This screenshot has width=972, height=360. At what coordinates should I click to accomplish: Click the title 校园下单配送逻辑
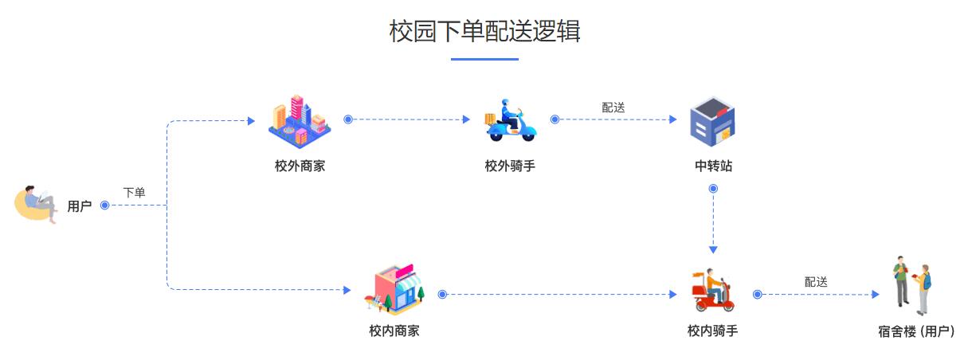(x=484, y=32)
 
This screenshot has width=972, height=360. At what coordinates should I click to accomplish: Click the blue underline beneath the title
(x=484, y=59)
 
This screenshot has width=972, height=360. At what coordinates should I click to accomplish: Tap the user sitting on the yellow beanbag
(x=37, y=204)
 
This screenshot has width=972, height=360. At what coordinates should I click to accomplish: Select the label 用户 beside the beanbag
(x=80, y=206)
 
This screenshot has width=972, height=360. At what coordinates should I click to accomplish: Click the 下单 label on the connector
(x=134, y=193)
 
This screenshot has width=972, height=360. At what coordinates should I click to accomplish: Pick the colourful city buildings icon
(x=300, y=120)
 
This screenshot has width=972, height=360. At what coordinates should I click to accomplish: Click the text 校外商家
(x=300, y=166)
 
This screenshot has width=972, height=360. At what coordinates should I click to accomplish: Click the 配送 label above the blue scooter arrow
(x=613, y=108)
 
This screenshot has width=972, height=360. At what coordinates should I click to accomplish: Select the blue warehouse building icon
(x=712, y=121)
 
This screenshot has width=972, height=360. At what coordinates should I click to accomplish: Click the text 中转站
(x=713, y=166)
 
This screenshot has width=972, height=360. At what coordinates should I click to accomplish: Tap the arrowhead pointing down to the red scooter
(x=713, y=248)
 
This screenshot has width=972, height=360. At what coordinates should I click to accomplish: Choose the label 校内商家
(x=394, y=331)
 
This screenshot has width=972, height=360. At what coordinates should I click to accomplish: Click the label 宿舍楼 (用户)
(x=916, y=331)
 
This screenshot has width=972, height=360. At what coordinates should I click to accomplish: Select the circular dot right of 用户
(x=104, y=206)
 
